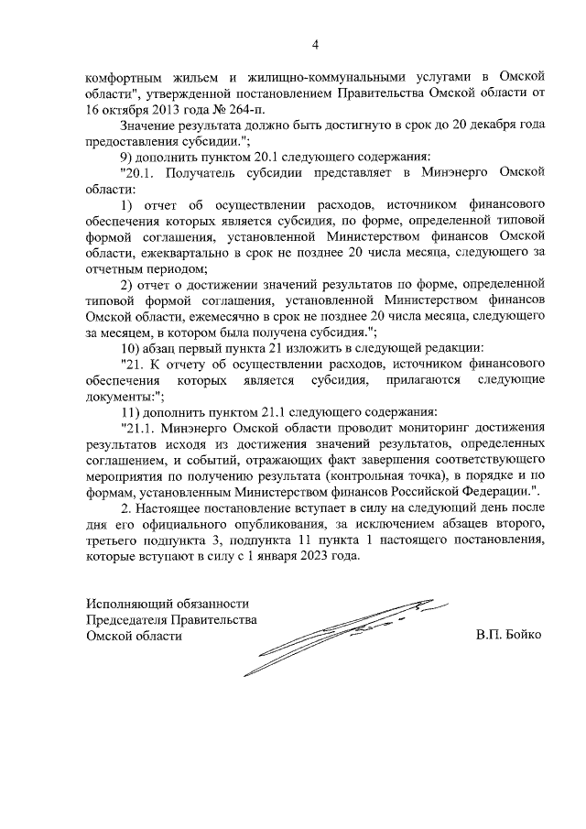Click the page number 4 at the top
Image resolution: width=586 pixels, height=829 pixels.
tap(316, 44)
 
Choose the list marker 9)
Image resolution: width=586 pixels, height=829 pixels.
tap(129, 156)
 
